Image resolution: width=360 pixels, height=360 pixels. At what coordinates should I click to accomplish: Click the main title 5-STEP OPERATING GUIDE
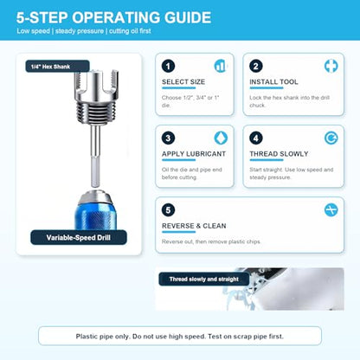coord(113,17)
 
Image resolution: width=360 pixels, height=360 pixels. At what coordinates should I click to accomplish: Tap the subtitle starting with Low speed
coord(84,31)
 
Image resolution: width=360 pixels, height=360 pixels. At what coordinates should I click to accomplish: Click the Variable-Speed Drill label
coord(79,238)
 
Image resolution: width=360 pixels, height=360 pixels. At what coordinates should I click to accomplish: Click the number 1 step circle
coord(168,66)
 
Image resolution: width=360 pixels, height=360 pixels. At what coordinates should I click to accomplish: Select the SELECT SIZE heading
coord(183,82)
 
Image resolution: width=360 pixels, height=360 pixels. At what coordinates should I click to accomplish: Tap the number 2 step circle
coord(256,66)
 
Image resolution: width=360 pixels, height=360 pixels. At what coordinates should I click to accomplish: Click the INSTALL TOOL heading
coord(273,82)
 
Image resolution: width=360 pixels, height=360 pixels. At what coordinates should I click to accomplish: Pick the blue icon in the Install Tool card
coord(331,66)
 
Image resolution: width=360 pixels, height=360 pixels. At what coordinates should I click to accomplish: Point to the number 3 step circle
coord(168,138)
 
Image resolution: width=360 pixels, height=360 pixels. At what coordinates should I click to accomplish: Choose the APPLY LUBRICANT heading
coord(194,154)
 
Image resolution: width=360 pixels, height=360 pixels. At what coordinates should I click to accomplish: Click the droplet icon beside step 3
coord(221,138)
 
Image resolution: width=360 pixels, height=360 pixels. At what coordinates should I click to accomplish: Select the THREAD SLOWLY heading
coord(279,154)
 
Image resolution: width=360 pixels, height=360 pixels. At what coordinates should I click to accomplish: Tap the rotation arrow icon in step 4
coord(331,138)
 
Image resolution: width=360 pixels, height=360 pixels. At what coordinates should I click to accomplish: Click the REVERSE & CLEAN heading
coord(194,226)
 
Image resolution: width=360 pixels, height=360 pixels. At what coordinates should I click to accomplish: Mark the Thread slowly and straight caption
coord(204,279)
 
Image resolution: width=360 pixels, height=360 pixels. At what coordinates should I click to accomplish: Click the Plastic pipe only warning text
coord(180,337)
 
